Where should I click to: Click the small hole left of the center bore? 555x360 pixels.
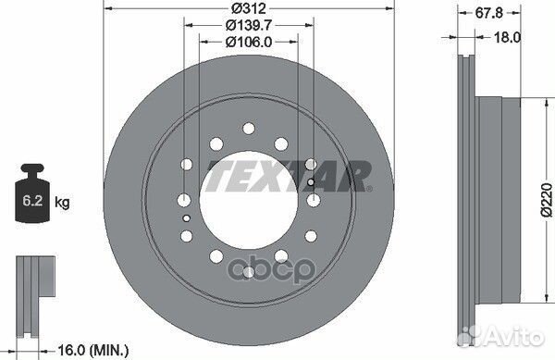[187, 218]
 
